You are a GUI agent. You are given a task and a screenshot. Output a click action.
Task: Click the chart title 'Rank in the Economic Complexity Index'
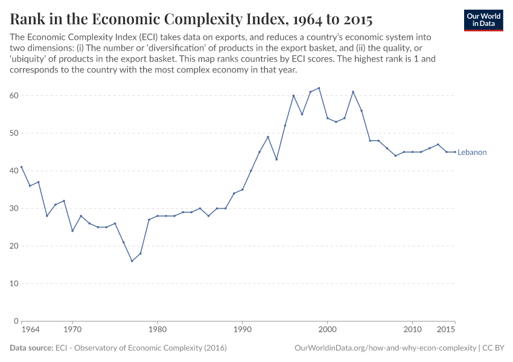pos(191,19)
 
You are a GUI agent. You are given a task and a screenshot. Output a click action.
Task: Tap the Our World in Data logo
pos(483,20)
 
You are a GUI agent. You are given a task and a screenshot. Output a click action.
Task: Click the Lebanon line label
pos(472,153)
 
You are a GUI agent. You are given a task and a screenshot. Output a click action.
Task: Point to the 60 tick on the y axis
pos(14,95)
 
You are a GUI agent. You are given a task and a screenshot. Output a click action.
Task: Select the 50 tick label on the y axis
pos(14,133)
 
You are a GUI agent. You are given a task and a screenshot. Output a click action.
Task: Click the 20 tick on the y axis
pos(14,246)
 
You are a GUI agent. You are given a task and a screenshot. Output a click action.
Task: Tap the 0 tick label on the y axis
pos(16,321)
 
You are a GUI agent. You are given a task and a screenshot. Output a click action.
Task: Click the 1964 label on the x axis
pos(30,330)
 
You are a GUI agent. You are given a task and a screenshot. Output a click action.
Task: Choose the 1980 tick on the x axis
pos(158,330)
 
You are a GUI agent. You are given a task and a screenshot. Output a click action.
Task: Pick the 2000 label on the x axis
pos(327,330)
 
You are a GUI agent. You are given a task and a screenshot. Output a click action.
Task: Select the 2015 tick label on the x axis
pos(446,330)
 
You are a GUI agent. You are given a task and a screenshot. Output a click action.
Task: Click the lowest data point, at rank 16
pos(132,261)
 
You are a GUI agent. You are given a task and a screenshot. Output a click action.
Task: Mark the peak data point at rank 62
pos(319,88)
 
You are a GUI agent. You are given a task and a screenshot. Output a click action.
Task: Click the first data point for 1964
pos(22,167)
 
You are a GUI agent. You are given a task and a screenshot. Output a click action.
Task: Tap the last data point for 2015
pos(454,152)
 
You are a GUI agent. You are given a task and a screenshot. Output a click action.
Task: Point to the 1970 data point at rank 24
pos(72,230)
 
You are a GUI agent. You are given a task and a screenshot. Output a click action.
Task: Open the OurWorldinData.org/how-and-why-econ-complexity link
pos(384,348)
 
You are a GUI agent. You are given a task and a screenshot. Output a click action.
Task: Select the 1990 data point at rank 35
pos(243,189)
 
